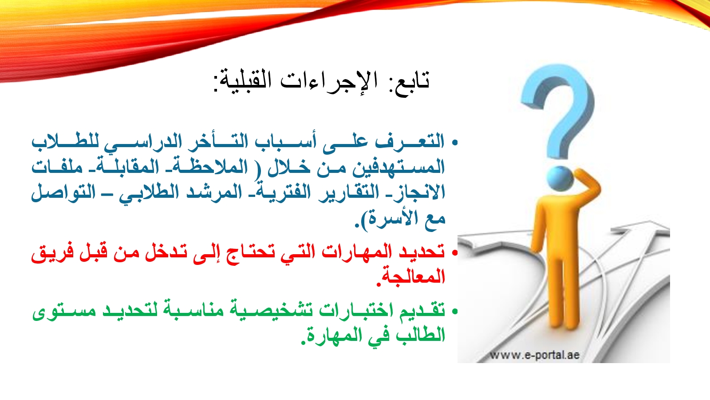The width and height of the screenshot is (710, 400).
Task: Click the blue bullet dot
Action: click(455, 143)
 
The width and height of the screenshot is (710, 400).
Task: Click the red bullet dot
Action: click(455, 253)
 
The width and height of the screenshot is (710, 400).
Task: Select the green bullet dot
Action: click(455, 312)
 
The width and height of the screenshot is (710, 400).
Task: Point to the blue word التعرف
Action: click(410, 142)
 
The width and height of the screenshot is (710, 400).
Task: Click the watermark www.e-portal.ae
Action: click(535, 355)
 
